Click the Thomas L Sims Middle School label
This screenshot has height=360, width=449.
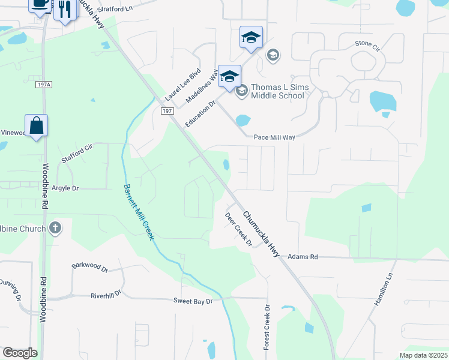coord(280,91)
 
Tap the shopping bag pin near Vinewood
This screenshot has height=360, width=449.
coord(36,126)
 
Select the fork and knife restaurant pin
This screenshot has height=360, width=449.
coord(65,10)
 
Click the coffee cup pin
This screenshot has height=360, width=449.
coord(40,4)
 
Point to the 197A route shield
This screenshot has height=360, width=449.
coord(44,85)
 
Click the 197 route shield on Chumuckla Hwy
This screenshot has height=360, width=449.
coord(167,111)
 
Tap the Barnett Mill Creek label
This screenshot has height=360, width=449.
coord(139,211)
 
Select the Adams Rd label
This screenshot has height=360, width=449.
coord(303,256)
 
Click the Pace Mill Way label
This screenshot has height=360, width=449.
coord(274,137)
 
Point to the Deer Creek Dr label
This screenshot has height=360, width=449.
coord(238,229)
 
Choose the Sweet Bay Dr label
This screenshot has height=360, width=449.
coord(193,301)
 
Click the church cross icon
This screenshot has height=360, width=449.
coord(55,228)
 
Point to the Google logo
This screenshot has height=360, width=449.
coord(20,353)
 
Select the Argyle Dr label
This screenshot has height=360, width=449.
coord(65,188)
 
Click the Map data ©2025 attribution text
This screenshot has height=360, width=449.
coord(423,355)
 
